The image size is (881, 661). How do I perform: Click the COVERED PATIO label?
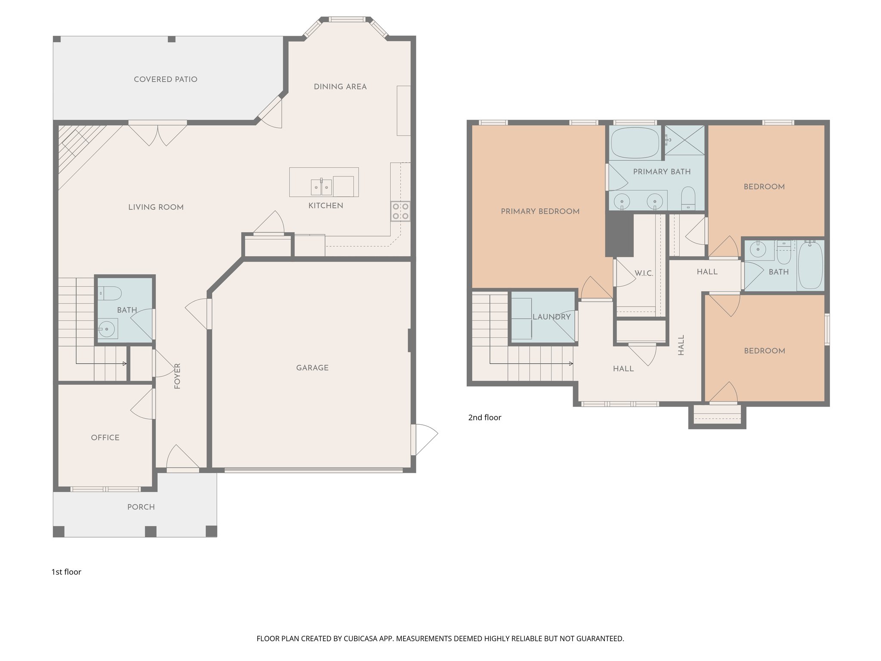coord(165,80)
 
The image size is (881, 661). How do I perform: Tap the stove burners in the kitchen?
coord(400,211)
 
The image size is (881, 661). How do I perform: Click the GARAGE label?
coord(312,368)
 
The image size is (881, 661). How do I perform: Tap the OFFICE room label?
coord(105,438)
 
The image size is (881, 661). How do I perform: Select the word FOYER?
coord(177,376)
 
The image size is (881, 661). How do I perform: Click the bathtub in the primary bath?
coord(635,142)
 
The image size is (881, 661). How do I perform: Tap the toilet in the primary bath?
coord(688,198)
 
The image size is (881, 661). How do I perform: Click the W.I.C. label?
coord(644,274)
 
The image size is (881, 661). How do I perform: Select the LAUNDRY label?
coord(551,317)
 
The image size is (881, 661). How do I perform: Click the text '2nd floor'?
coord(484,417)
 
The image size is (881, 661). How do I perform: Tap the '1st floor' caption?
coord(66,572)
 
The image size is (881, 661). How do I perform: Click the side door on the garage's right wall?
coord(414,439)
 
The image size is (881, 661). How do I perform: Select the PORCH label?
coord(141,507)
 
